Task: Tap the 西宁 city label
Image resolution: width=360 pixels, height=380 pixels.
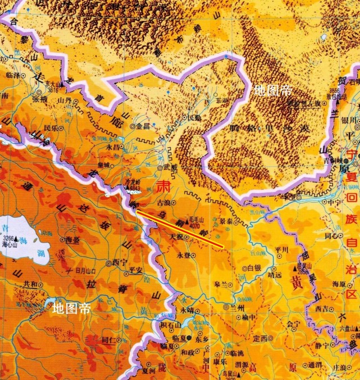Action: pyautogui.click(x=120, y=262)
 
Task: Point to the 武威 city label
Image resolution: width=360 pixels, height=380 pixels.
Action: pyautogui.click(x=170, y=167)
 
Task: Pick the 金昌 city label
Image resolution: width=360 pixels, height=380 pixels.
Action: pyautogui.click(x=143, y=126)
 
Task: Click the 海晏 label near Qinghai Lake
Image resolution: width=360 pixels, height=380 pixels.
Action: pyautogui.click(x=72, y=240)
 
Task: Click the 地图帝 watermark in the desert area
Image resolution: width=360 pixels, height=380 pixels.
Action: pyautogui.click(x=272, y=90)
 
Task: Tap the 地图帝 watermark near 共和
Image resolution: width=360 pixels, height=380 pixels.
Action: pyautogui.click(x=71, y=308)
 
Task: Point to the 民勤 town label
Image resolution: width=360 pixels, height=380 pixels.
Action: pyautogui.click(x=194, y=117)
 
